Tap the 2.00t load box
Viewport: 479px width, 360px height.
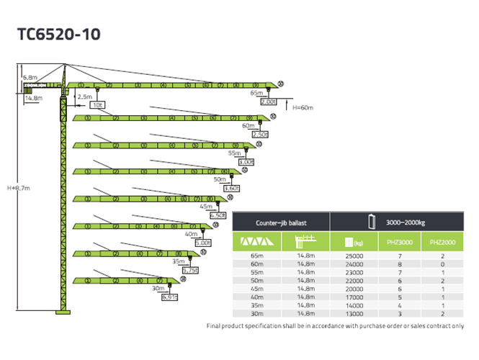click(268, 102)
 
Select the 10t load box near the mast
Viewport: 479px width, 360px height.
click(97, 105)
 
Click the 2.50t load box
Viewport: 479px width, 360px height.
click(259, 134)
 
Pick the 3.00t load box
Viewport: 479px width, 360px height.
click(246, 162)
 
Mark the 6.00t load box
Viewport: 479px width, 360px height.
click(202, 243)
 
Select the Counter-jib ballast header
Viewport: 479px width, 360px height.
click(282, 223)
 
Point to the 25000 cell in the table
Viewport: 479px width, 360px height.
click(354, 256)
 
